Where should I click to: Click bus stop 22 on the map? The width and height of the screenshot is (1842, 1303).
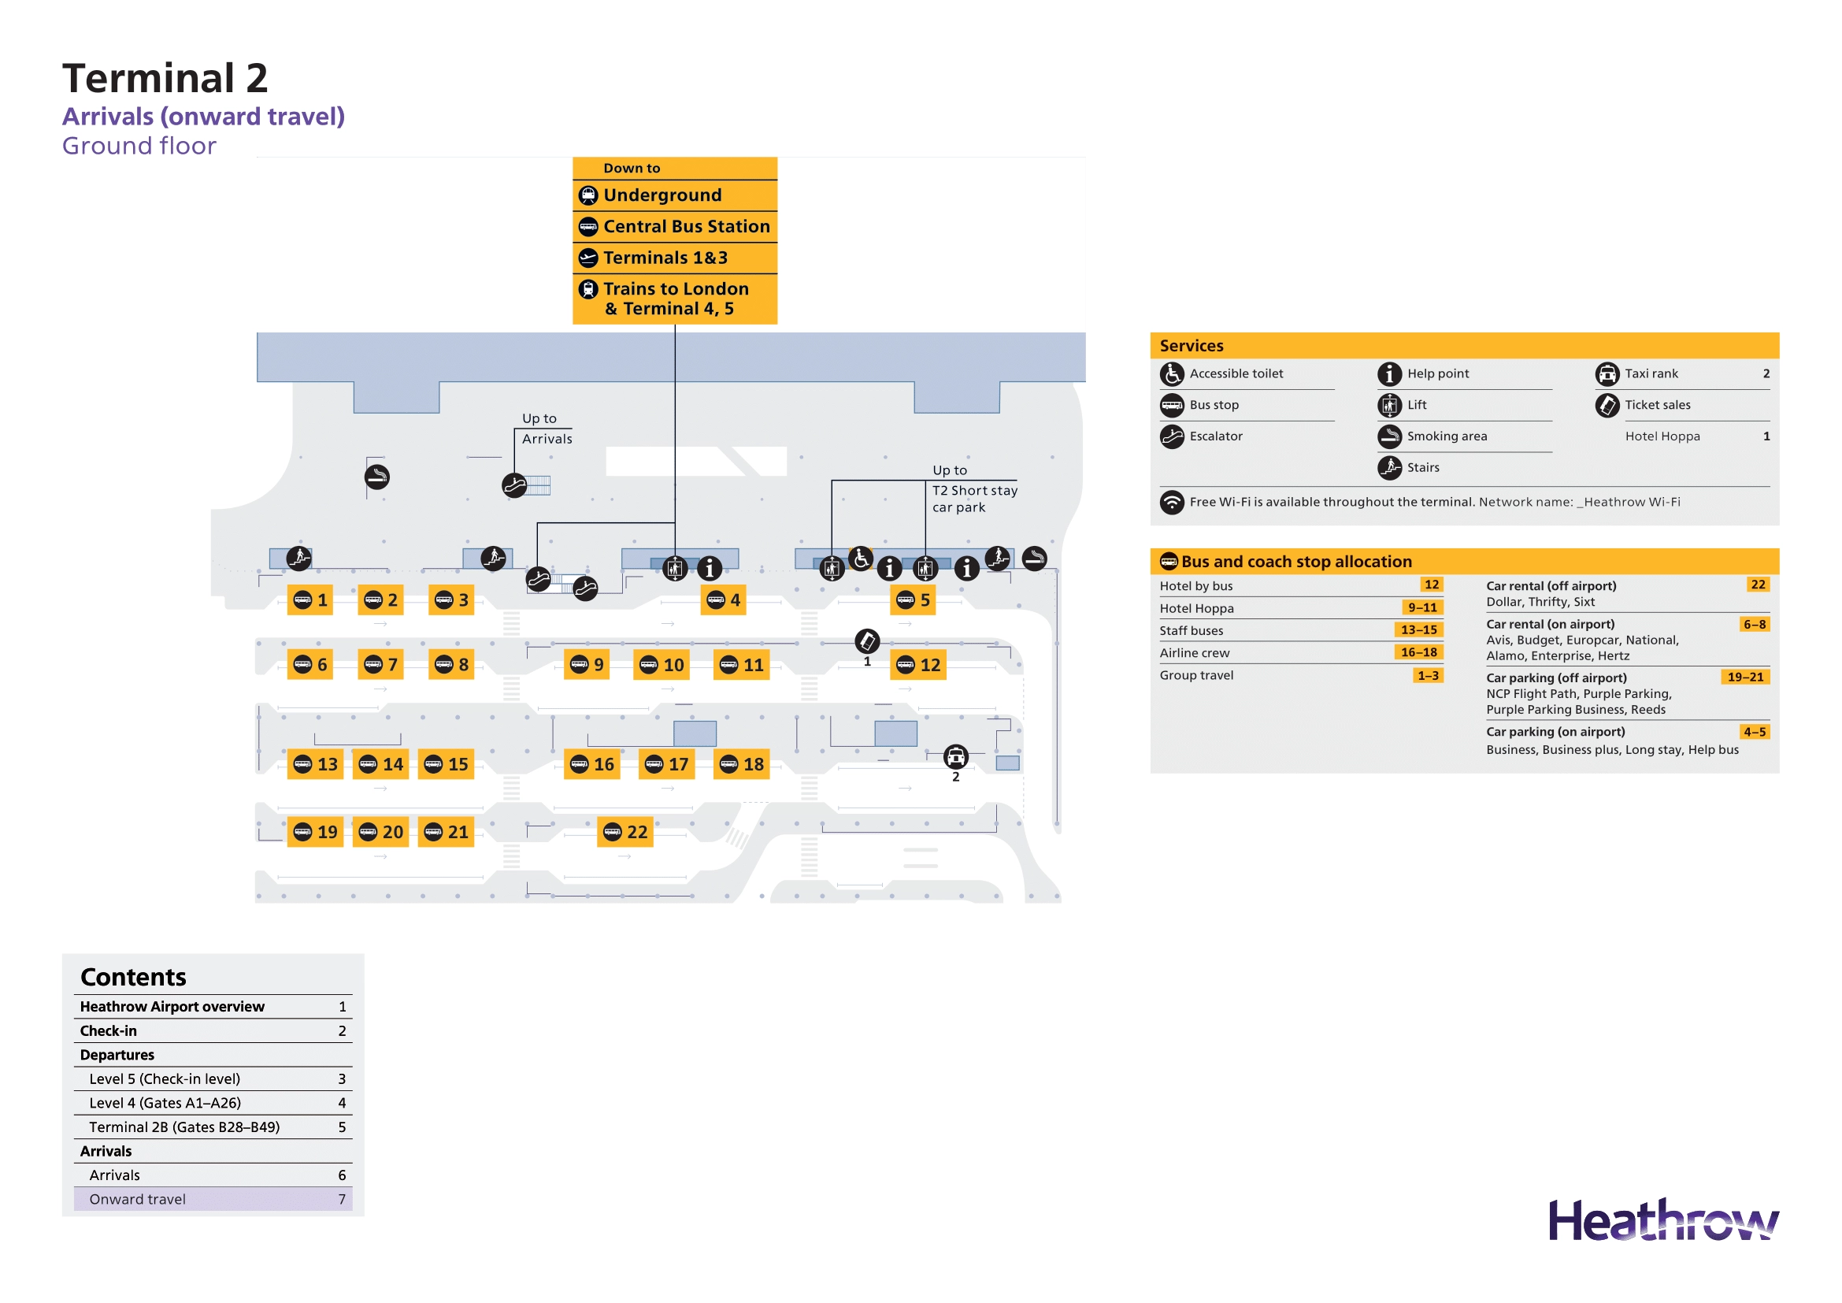pyautogui.click(x=625, y=832)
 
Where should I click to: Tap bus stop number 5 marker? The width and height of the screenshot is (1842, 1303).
pyautogui.click(x=914, y=600)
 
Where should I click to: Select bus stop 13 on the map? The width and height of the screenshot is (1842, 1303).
pyautogui.click(x=315, y=764)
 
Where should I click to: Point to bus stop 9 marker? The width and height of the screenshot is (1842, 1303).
pyautogui.click(x=587, y=664)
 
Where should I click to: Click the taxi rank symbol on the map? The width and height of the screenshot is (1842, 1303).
pyautogui.click(x=955, y=756)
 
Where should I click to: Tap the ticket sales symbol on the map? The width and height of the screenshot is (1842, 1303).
pyautogui.click(x=867, y=641)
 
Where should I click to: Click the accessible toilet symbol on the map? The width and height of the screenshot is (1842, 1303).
pyautogui.click(x=861, y=559)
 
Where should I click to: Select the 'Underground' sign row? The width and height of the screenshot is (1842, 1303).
pyautogui.click(x=675, y=195)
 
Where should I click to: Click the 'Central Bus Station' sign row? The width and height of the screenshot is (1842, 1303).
pyautogui.click(x=675, y=226)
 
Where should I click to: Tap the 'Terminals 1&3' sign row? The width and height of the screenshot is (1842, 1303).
pyautogui.click(x=675, y=258)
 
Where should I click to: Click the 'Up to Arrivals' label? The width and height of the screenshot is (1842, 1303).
pyautogui.click(x=547, y=429)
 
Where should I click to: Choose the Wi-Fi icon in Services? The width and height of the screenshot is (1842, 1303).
pyautogui.click(x=1172, y=503)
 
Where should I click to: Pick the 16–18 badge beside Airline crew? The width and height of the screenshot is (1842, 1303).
pyautogui.click(x=1418, y=652)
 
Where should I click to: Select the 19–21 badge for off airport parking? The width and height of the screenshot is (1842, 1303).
pyautogui.click(x=1745, y=677)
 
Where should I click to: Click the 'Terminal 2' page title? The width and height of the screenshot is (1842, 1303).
pyautogui.click(x=165, y=78)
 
